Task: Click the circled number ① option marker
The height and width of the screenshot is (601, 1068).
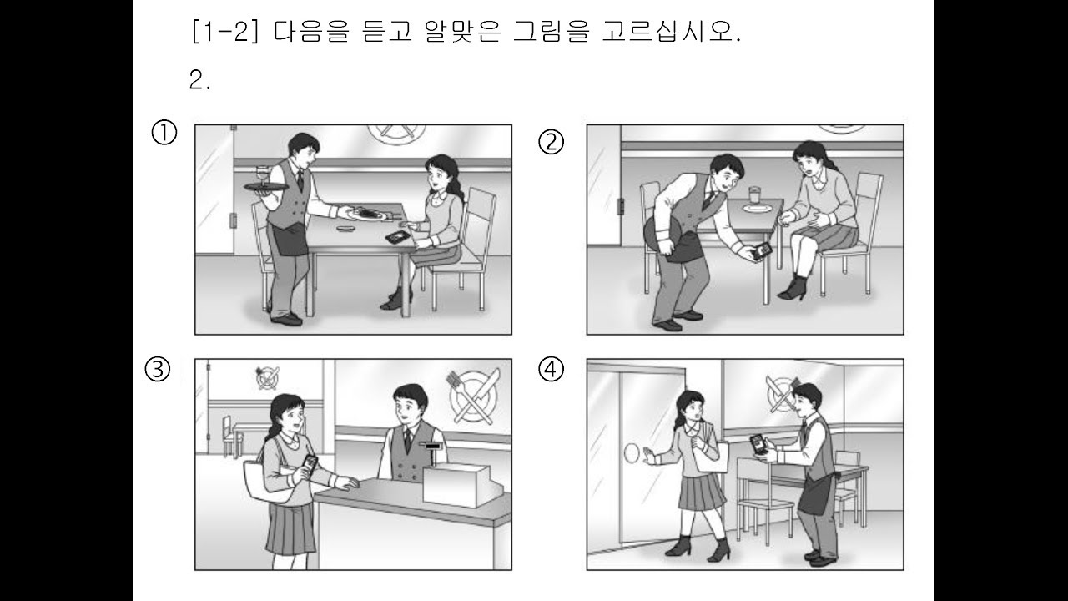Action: pyautogui.click(x=164, y=133)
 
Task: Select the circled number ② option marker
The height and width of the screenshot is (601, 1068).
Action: pyautogui.click(x=551, y=142)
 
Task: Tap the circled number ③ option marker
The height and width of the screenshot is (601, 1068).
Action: pyautogui.click(x=158, y=370)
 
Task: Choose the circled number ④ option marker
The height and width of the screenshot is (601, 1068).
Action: pyautogui.click(x=551, y=369)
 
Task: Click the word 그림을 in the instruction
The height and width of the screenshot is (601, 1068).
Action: pyautogui.click(x=552, y=32)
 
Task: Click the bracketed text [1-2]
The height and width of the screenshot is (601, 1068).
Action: pyautogui.click(x=225, y=32)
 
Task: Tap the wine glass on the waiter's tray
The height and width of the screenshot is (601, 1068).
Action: pyautogui.click(x=263, y=174)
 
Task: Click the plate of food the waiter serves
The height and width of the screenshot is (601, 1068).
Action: pyautogui.click(x=366, y=214)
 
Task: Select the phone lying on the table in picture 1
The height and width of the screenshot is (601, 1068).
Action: pyautogui.click(x=399, y=236)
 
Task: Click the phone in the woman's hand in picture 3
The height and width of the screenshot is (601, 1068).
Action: pyautogui.click(x=310, y=464)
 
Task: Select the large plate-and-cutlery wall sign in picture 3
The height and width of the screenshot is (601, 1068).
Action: pyautogui.click(x=473, y=396)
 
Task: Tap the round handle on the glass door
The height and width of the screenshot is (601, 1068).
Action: pyautogui.click(x=632, y=452)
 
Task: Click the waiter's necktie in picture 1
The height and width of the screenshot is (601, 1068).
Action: pyautogui.click(x=300, y=181)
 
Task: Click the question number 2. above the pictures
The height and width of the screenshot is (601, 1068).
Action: pyautogui.click(x=199, y=80)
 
